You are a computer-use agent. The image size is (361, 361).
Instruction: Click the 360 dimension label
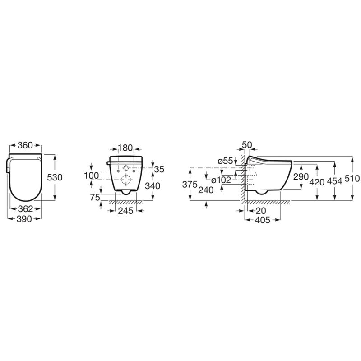point(25,145)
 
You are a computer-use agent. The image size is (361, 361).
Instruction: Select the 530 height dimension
point(55,177)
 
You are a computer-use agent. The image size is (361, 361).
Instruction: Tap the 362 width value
point(25,209)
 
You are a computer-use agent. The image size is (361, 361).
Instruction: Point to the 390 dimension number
point(24,219)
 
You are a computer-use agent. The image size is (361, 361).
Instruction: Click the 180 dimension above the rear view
point(125,148)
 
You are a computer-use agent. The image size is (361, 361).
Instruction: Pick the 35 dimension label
point(159,169)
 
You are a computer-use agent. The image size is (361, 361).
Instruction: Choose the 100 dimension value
point(92,176)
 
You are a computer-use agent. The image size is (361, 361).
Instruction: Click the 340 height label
point(153,186)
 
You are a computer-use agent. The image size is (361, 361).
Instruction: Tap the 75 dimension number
point(95,197)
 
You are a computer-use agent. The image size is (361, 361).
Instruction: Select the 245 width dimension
point(126,210)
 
